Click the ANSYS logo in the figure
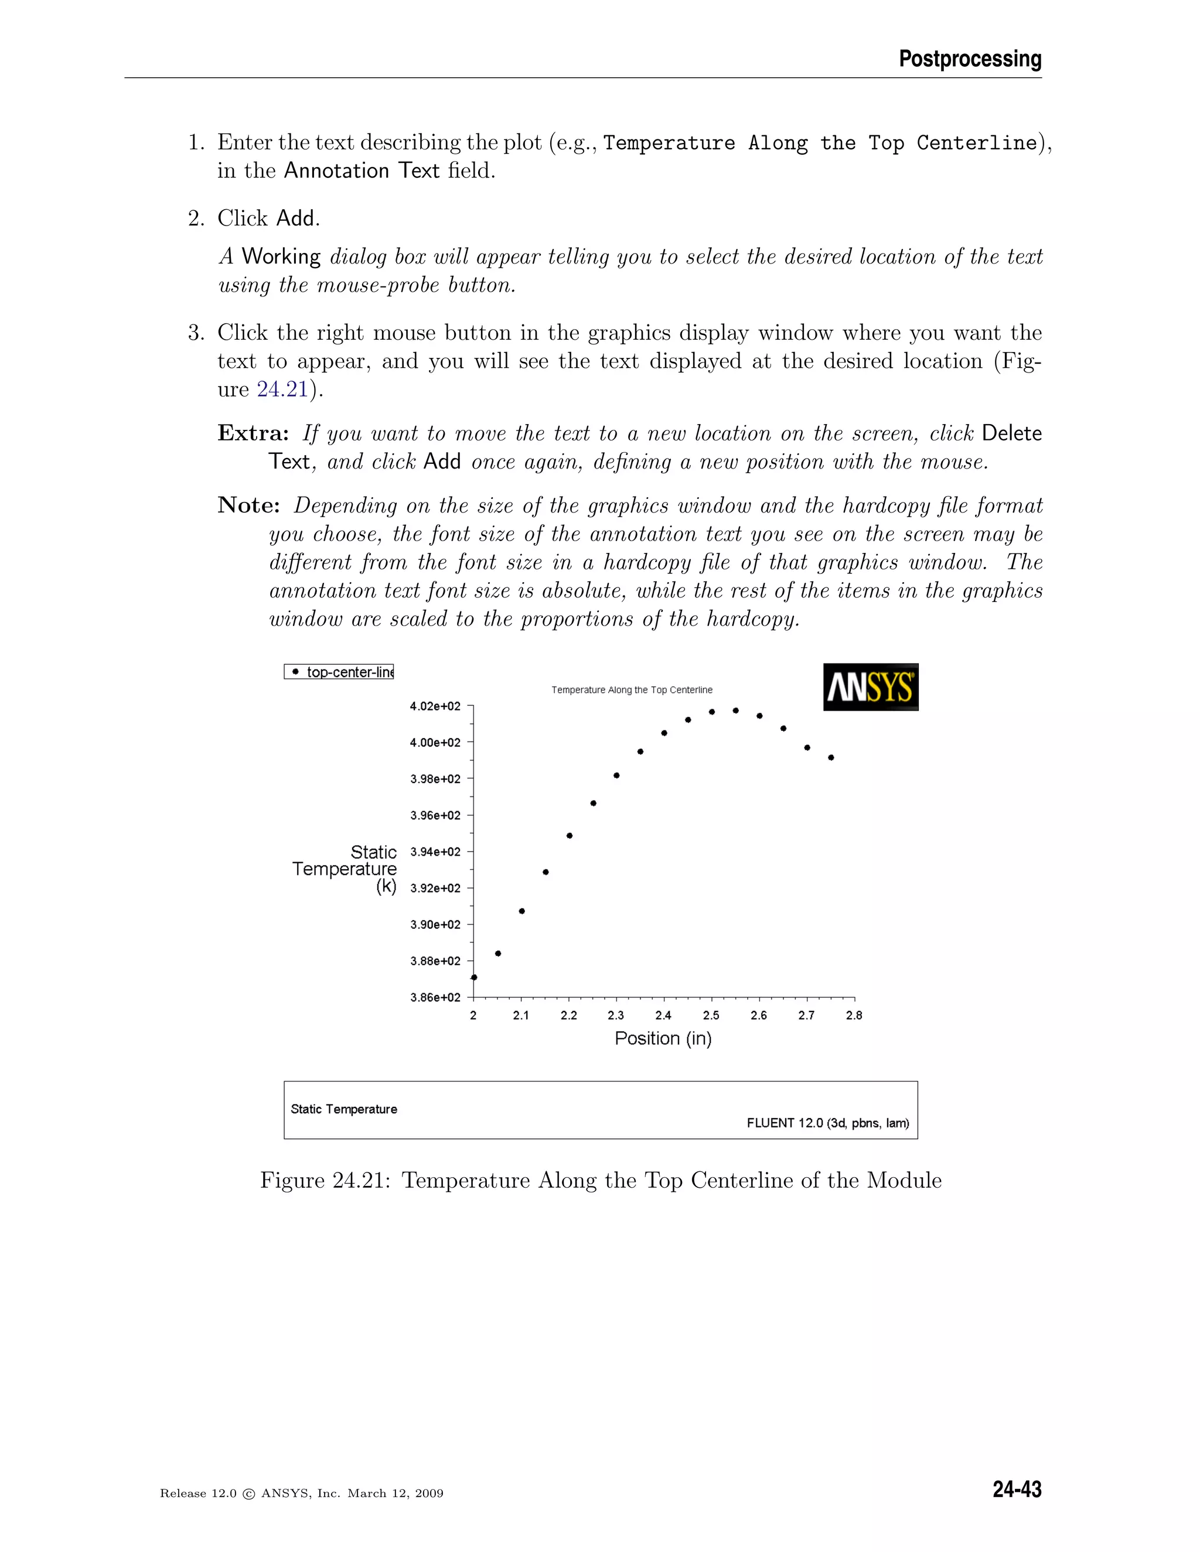[870, 687]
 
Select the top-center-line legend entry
[339, 672]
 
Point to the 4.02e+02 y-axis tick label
[435, 706]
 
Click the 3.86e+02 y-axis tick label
[435, 997]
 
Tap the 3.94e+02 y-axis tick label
[435, 852]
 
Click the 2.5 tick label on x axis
[711, 1016]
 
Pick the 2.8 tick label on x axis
[854, 1016]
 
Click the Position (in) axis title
[663, 1038]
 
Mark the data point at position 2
[474, 977]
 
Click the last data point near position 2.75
[831, 757]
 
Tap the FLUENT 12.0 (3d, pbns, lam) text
[827, 1123]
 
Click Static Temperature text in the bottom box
[344, 1109]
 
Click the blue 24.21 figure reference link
[282, 389]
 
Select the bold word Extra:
[253, 433]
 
